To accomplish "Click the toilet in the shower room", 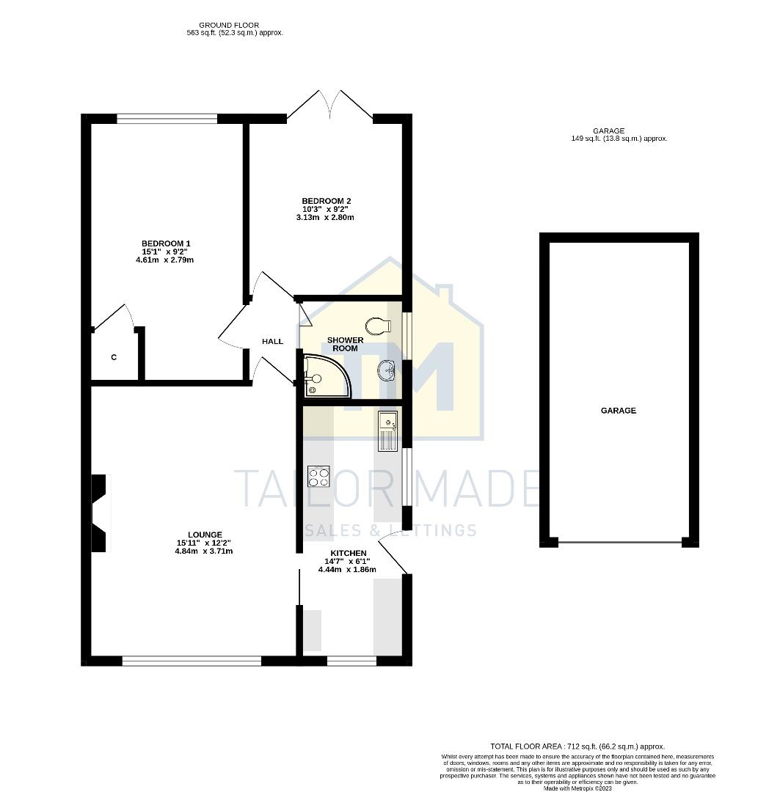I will [x=377, y=326].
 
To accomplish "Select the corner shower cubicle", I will [x=324, y=377].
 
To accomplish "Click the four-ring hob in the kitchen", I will [x=318, y=477].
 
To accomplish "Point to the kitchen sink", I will [x=387, y=430].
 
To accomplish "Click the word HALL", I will [x=273, y=342].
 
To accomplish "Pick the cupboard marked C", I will [x=114, y=358].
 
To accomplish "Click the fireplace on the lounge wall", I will [x=98, y=513].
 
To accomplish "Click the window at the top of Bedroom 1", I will [x=167, y=118].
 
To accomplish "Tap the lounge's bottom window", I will [x=192, y=661].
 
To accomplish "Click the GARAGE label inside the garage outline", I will [x=619, y=411].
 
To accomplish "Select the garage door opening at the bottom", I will [x=619, y=543].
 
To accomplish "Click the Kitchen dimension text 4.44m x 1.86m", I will [x=348, y=569].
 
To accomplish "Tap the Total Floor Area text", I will [x=577, y=746].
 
